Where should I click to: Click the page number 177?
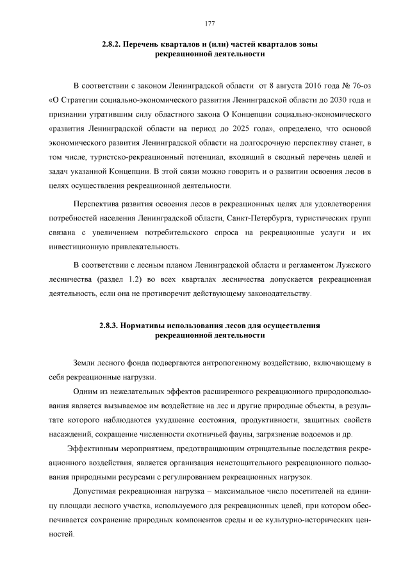[209, 24]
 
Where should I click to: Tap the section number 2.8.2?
[113, 44]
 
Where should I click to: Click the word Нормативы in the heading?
[149, 326]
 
